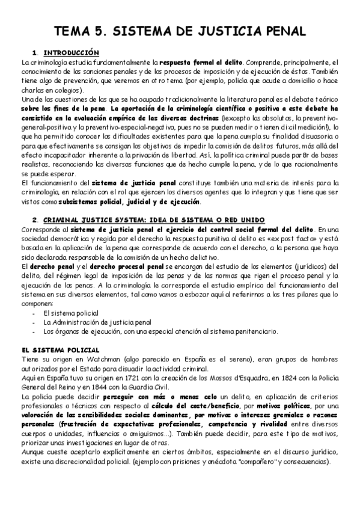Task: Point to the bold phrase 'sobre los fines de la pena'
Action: [59, 109]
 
